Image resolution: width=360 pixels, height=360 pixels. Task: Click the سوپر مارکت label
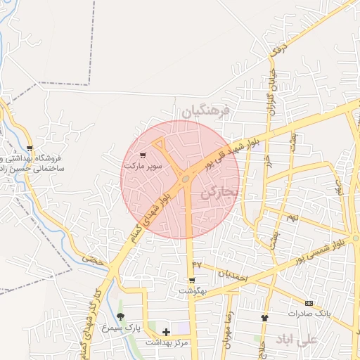[x=143, y=167]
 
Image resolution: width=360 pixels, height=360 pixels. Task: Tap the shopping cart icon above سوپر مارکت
[x=143, y=155]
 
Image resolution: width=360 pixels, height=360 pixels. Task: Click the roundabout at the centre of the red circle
[x=185, y=179]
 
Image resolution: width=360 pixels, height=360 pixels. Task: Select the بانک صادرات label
[x=309, y=313]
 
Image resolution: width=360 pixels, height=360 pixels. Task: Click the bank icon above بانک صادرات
[x=309, y=302]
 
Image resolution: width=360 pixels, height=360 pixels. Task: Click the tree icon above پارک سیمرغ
[x=121, y=317]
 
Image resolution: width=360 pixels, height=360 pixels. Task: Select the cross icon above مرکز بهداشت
[x=166, y=332]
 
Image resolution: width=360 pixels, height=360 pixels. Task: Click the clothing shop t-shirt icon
[x=264, y=318]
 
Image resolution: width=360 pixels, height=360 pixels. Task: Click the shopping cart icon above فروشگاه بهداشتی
[x=30, y=148]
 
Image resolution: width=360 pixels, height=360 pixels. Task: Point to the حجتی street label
[x=91, y=259]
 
